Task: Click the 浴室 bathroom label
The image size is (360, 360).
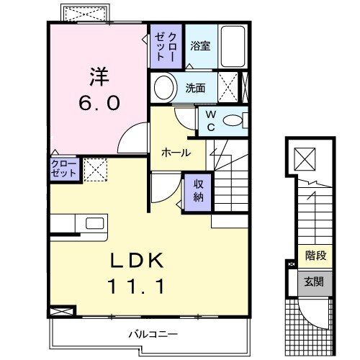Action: click(200, 46)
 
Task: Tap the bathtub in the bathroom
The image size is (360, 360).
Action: click(231, 45)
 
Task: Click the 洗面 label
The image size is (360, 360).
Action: click(196, 89)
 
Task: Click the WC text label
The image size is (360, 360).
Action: click(211, 119)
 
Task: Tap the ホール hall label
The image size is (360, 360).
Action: click(176, 153)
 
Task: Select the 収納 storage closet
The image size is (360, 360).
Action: click(198, 190)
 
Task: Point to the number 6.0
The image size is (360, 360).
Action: click(99, 103)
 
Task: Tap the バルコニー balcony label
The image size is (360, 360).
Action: click(153, 334)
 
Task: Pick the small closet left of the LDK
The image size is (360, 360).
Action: click(63, 169)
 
